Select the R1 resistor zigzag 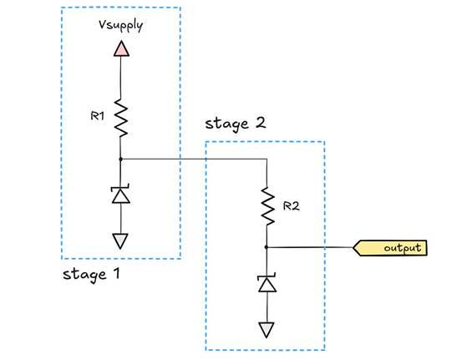pyautogui.click(x=121, y=116)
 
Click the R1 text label pyautogui.click(x=96, y=117)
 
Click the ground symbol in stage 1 pyautogui.click(x=121, y=241)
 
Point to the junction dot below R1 pyautogui.click(x=121, y=158)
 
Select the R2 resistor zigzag pyautogui.click(x=266, y=206)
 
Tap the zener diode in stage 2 pyautogui.click(x=266, y=284)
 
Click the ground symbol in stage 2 pyautogui.click(x=266, y=329)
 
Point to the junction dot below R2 pyautogui.click(x=266, y=247)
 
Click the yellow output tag pyautogui.click(x=393, y=248)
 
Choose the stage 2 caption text pyautogui.click(x=239, y=125)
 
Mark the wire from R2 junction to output pyautogui.click(x=309, y=247)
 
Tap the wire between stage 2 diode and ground pyautogui.click(x=266, y=307)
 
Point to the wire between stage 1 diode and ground pyautogui.click(x=121, y=218)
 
